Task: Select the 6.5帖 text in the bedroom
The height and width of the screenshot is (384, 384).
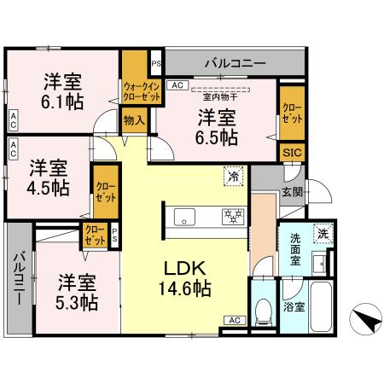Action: (x=218, y=136)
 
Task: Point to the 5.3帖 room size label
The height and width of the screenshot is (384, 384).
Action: (x=78, y=301)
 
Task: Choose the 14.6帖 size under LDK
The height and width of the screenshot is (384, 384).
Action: (x=183, y=289)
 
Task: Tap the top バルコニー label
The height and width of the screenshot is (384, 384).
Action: (x=234, y=63)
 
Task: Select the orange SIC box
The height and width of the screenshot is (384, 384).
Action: (x=291, y=151)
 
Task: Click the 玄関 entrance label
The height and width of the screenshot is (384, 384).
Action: (x=292, y=193)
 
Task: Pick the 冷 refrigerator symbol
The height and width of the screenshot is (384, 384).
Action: (x=232, y=177)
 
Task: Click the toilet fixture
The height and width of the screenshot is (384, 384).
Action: (x=263, y=313)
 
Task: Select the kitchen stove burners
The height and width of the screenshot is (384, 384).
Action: (x=230, y=215)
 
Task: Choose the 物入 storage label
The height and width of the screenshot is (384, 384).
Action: (x=134, y=122)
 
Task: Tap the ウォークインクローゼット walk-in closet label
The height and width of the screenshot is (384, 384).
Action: (x=141, y=91)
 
